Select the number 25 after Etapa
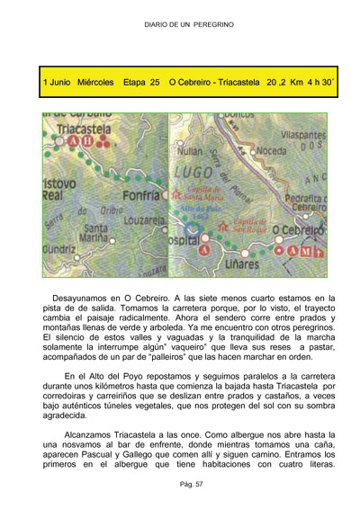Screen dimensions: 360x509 [155, 82]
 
